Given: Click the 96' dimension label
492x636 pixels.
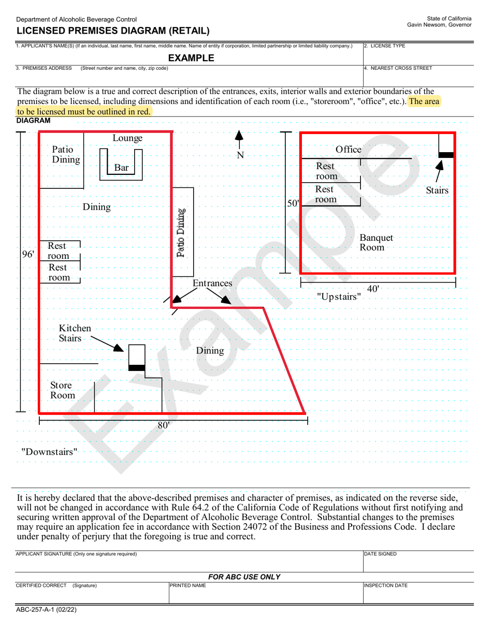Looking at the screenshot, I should [28, 254].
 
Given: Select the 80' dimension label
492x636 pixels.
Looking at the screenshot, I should [164, 425].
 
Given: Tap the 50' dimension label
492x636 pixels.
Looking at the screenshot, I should [293, 203].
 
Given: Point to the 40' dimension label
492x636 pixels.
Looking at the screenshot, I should [373, 289].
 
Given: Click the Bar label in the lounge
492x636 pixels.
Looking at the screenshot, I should [121, 168].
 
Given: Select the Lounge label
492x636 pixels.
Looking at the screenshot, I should [127, 138].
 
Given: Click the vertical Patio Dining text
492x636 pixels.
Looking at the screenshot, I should [181, 233].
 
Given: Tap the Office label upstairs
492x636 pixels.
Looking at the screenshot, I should [349, 150].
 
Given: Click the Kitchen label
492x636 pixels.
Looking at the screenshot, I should [75, 329].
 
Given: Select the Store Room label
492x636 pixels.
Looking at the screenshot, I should [62, 391].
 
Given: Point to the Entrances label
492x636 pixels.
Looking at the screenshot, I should [212, 283].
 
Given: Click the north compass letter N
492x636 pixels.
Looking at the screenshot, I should [240, 155].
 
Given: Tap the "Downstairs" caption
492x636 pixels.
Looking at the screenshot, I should [49, 452].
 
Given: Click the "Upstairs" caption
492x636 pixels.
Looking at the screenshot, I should [339, 297].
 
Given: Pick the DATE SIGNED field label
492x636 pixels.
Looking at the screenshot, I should [381, 554].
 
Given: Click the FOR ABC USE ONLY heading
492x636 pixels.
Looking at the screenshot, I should [244, 577].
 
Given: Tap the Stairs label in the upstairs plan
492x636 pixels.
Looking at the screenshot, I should [437, 190].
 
